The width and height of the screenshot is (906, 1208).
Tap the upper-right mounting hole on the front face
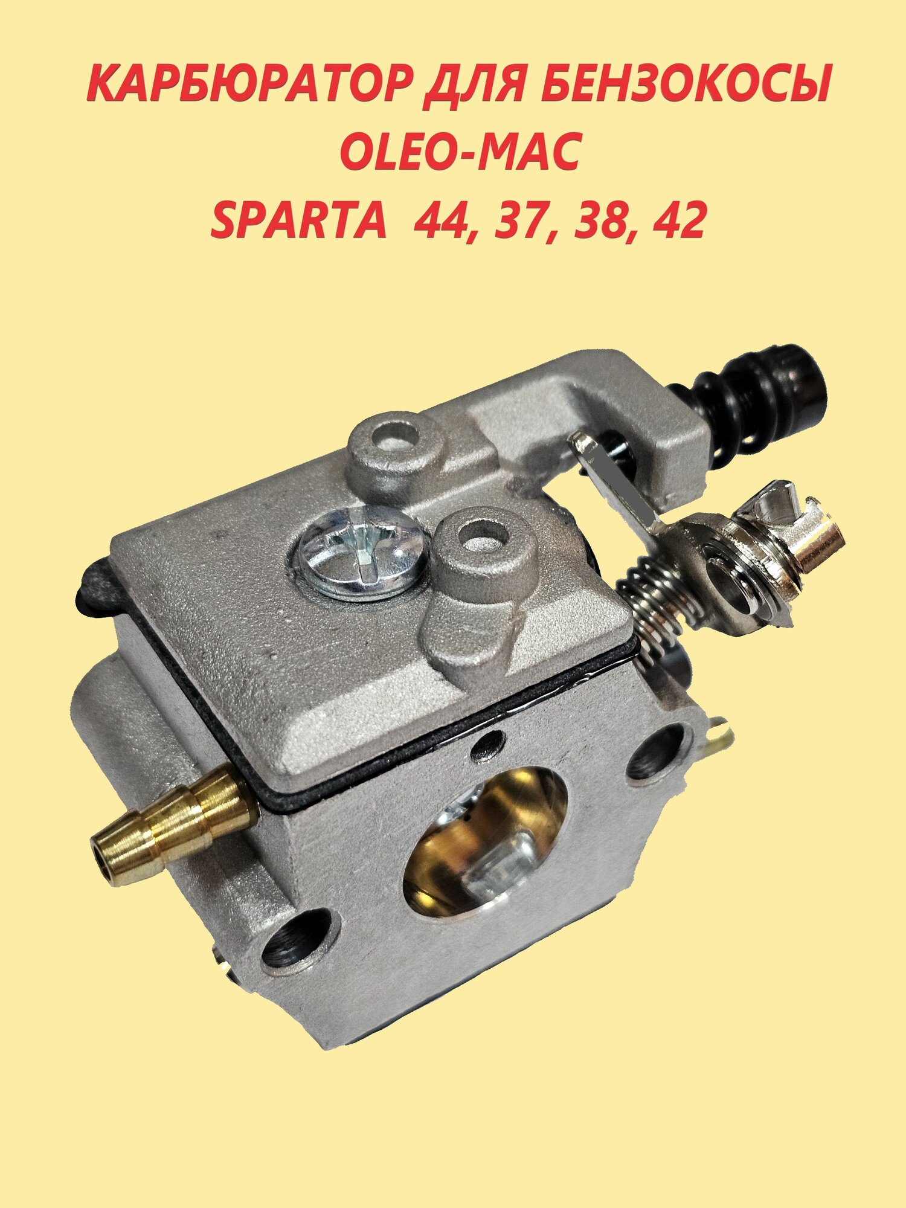point(655,753)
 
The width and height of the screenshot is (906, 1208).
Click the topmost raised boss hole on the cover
point(393,435)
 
